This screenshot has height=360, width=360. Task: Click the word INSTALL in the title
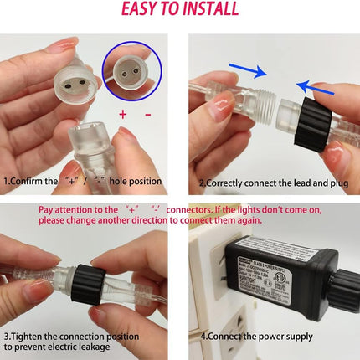(212, 10)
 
